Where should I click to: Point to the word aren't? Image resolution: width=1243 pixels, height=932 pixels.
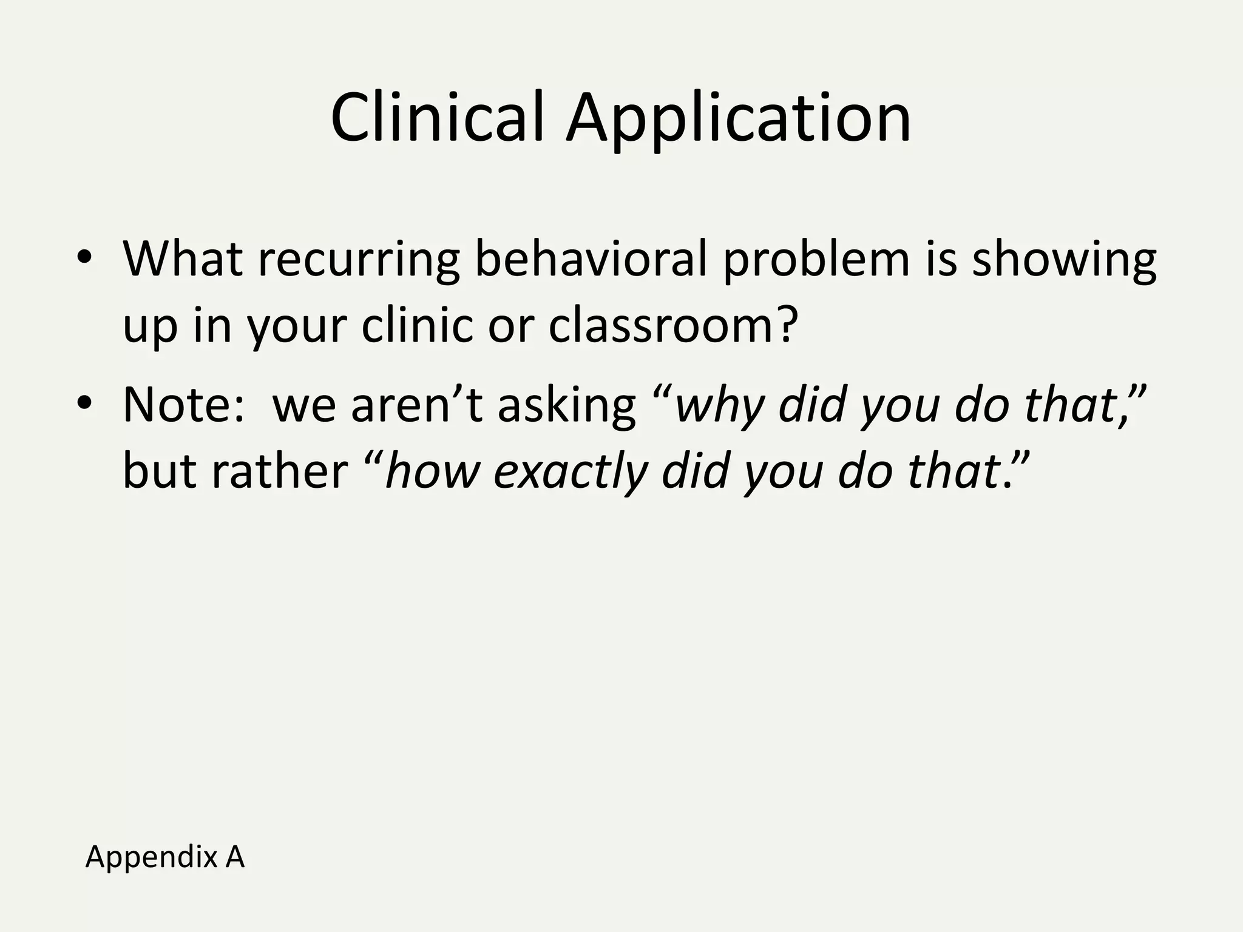click(x=416, y=405)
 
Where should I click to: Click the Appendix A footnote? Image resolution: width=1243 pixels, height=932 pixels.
click(x=164, y=857)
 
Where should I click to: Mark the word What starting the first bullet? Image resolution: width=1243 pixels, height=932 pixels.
click(x=183, y=259)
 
